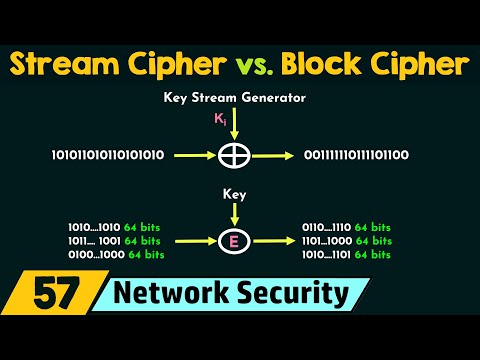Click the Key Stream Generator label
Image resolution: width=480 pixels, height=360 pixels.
235,99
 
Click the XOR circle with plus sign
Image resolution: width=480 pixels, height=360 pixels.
235,155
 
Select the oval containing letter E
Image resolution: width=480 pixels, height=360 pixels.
234,240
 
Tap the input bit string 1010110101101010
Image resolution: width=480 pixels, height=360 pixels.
107,155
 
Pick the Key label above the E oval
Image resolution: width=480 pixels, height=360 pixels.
235,197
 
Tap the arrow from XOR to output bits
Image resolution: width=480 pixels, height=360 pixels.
272,155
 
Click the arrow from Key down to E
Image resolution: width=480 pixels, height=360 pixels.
235,213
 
